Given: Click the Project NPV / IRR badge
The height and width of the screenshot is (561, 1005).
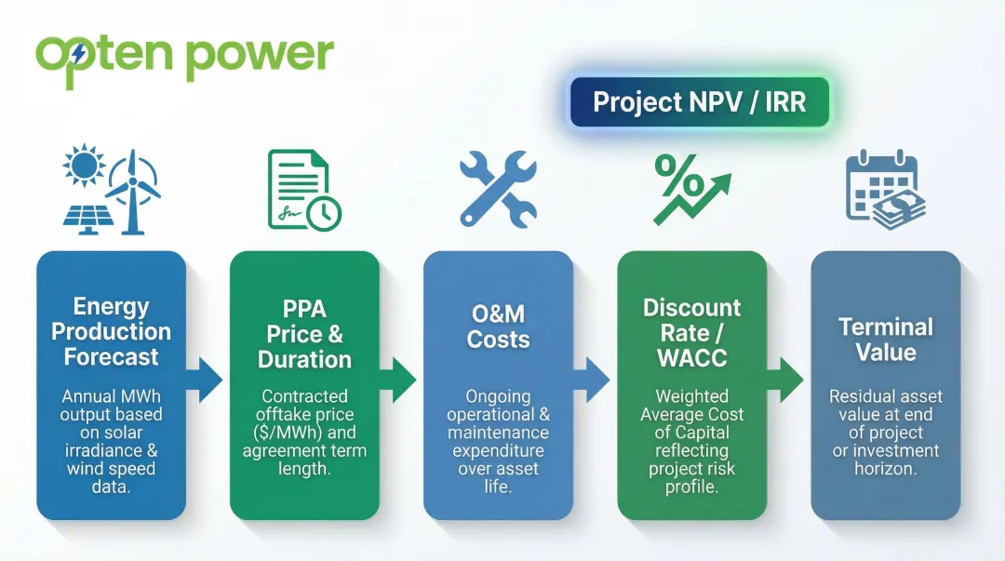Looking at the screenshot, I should point(699,101).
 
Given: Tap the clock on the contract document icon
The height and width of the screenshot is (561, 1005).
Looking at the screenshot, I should point(323,213).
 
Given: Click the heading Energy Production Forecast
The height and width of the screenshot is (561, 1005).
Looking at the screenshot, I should point(111,332).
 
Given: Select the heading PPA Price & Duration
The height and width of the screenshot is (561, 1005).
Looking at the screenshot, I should point(304,334).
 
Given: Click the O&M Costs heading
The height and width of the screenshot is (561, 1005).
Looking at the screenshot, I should point(498,327).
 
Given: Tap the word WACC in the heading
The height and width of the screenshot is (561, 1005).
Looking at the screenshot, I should point(690,358).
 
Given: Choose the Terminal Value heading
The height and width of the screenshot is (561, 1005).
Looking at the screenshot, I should point(884,340).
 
